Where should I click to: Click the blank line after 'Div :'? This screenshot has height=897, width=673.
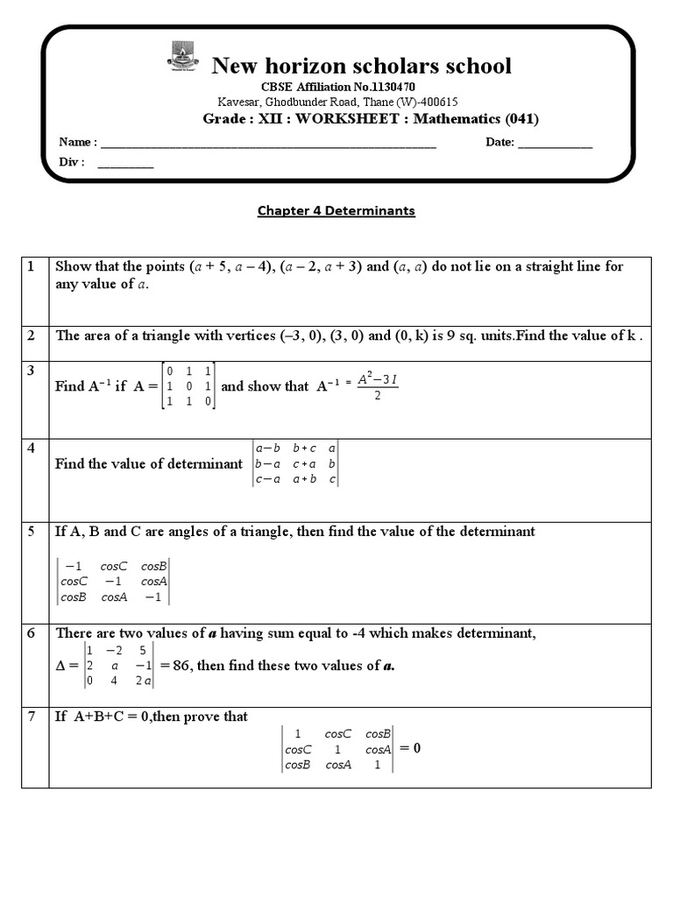tap(125, 163)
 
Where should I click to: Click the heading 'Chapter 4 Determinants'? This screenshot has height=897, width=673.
tap(336, 211)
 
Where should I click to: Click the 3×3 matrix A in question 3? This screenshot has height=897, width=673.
tap(189, 386)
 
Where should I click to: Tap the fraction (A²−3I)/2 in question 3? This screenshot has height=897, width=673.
tap(377, 387)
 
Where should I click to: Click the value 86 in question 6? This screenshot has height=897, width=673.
tap(182, 666)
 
